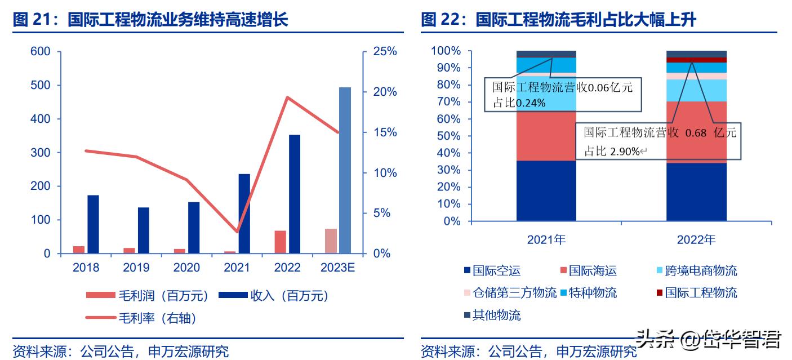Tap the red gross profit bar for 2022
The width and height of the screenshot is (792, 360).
pyautogui.click(x=281, y=242)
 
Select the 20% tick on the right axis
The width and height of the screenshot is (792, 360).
pyautogui.click(x=385, y=92)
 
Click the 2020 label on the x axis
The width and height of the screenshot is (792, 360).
pyautogui.click(x=186, y=268)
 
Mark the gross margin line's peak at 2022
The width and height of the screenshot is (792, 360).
pyautogui.click(x=287, y=97)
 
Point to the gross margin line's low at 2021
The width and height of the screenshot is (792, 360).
pyautogui.click(x=237, y=232)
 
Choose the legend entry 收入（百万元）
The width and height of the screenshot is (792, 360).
pyautogui.click(x=273, y=295)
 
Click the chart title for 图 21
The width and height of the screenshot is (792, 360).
pyautogui.click(x=150, y=21)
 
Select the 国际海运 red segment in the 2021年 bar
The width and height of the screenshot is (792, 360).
pyautogui.click(x=546, y=135)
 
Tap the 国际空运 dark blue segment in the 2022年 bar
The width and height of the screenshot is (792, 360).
pyautogui.click(x=696, y=192)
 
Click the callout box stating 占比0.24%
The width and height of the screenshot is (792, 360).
pyautogui.click(x=562, y=95)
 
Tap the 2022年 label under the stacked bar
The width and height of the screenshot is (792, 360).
pyautogui.click(x=696, y=240)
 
